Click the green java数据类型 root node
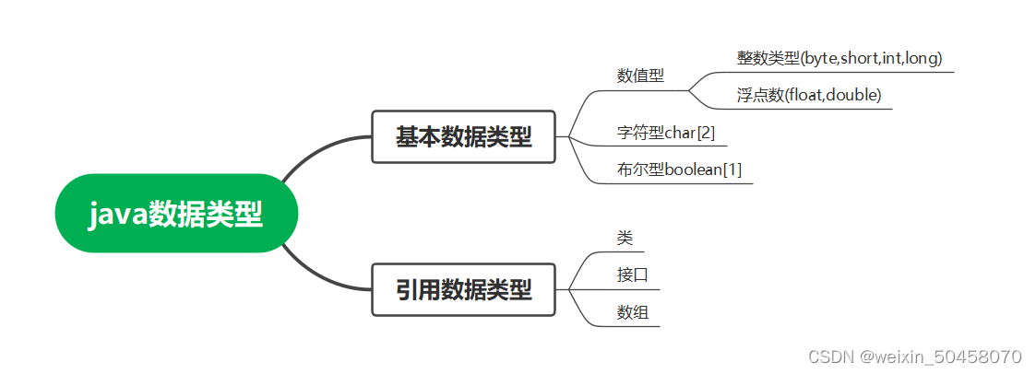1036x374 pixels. point(176,214)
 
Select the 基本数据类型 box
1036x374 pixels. point(463,137)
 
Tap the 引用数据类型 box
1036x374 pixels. point(463,290)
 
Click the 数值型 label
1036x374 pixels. point(640,76)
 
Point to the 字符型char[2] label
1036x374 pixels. point(665,133)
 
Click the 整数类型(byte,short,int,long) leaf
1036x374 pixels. point(839,58)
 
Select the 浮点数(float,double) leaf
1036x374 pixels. point(808,95)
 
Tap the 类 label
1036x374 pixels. point(625,238)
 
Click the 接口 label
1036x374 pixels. point(632,275)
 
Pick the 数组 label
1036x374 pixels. point(632,312)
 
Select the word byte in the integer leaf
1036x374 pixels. point(819,58)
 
